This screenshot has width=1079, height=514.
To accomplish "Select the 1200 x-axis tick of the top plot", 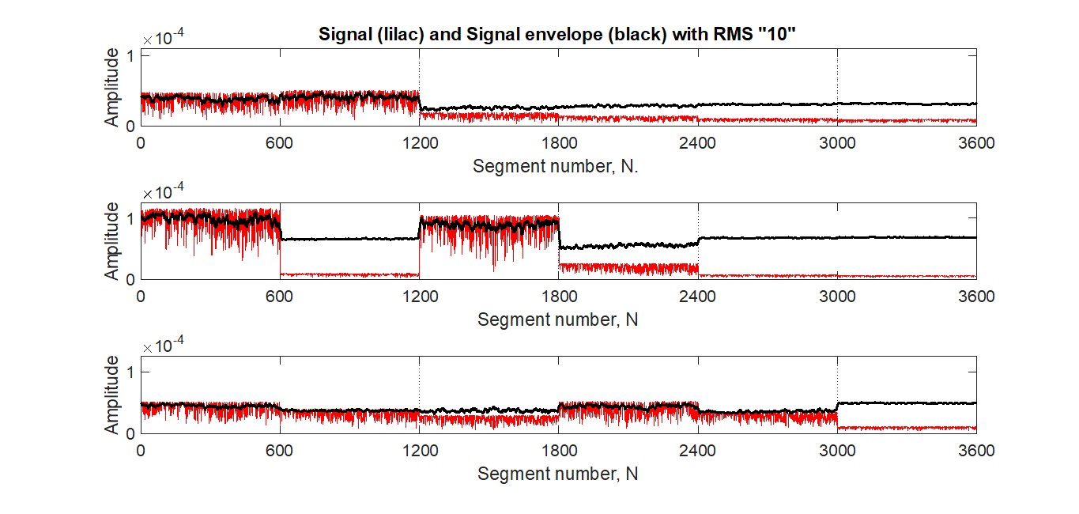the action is (420, 143).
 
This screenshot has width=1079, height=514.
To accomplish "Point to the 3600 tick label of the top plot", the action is (976, 143).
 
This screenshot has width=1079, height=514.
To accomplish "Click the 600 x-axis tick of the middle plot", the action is (279, 297).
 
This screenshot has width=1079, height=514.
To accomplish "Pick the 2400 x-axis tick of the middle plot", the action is (697, 297).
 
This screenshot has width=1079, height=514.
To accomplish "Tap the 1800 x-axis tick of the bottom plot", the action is (559, 451).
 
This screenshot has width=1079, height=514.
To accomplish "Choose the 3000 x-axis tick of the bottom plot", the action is (837, 451).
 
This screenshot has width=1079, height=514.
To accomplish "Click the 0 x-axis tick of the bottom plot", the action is (141, 451).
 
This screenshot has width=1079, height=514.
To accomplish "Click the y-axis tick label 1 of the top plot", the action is (130, 56).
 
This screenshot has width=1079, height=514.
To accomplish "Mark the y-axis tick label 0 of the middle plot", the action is (130, 279).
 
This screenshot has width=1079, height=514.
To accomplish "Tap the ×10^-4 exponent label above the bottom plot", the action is (164, 345).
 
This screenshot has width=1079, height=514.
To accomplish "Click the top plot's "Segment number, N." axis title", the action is (555, 166).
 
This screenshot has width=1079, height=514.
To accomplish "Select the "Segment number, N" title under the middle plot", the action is (558, 319).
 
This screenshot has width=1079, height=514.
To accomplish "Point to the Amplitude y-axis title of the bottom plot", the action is (111, 395).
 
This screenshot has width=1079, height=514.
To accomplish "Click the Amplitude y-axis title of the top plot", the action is (111, 87).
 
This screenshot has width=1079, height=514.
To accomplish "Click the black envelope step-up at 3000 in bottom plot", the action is (838, 407).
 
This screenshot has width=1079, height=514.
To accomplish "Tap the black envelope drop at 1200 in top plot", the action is (420, 104).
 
